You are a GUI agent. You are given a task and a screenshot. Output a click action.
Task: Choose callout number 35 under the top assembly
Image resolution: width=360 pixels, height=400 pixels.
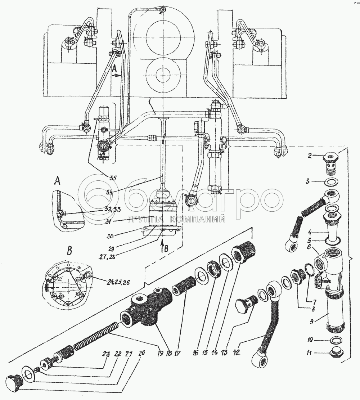click(114, 177)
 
